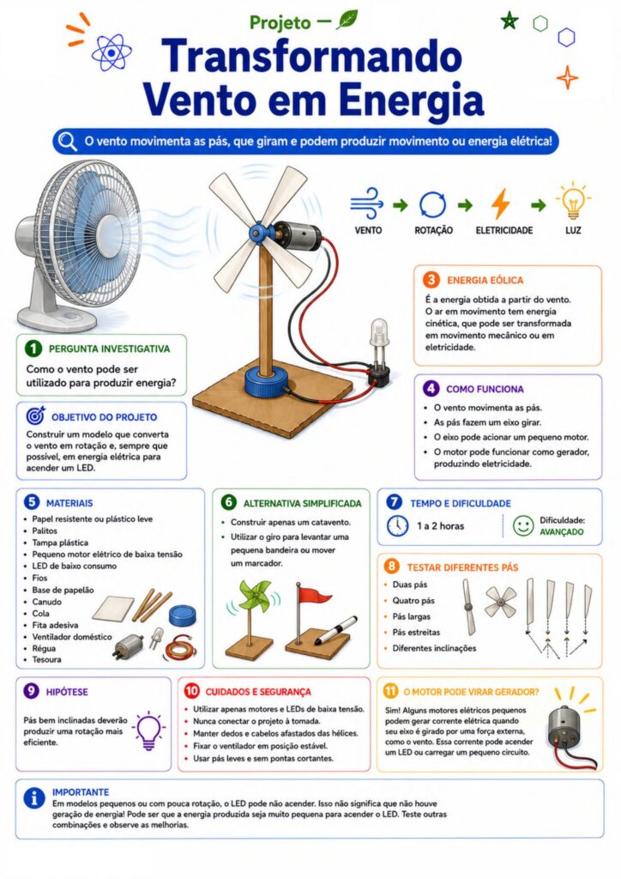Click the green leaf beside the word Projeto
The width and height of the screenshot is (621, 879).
[347, 20]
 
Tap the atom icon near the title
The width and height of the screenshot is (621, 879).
[112, 52]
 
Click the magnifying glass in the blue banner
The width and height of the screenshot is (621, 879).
[68, 142]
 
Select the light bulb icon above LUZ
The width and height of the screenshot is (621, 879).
[573, 202]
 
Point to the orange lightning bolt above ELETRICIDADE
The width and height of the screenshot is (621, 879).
[501, 204]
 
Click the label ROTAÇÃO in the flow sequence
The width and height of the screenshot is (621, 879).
[433, 230]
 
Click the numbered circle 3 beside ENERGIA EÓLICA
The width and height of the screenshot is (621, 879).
[431, 280]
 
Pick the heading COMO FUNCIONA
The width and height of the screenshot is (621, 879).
[485, 389]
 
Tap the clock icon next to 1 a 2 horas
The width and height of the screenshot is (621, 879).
[398, 526]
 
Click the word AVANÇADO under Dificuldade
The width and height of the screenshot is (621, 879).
[562, 532]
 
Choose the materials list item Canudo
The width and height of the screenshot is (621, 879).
[47, 602]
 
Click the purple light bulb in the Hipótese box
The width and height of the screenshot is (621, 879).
[148, 730]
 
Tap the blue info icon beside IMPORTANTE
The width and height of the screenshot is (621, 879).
[34, 798]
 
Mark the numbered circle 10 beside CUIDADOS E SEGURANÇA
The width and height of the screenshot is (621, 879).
[191, 691]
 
